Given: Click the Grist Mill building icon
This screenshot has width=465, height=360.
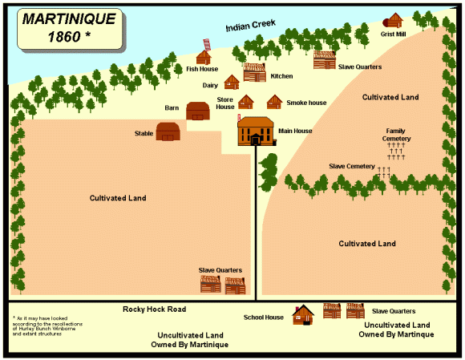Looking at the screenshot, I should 394,21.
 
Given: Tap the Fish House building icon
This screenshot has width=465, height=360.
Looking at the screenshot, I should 204,55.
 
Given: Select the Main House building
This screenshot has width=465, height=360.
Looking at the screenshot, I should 255,131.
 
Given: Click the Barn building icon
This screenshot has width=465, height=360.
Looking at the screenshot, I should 197,111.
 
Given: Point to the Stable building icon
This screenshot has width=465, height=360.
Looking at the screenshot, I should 168,132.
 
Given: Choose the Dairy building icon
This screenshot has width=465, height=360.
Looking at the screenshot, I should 232,82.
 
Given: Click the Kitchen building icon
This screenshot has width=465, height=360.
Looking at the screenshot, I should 254,72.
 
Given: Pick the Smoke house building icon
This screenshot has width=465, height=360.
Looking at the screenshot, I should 275,102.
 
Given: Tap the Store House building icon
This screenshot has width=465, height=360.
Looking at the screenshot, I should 246,102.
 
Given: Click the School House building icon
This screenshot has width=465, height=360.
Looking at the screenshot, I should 303,314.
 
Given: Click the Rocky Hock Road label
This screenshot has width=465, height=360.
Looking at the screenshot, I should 154,309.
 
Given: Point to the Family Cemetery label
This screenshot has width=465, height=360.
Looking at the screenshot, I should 398,135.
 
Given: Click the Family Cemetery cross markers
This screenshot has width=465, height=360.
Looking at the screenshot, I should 397,152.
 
